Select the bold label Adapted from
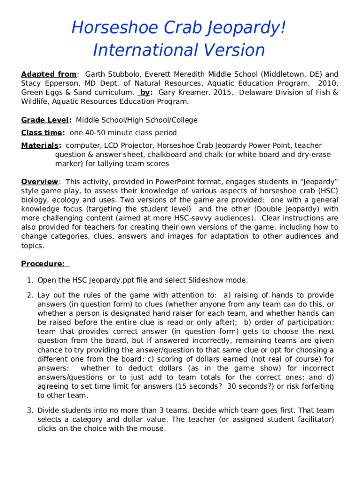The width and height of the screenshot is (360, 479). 49,74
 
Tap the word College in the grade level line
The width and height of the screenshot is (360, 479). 183,120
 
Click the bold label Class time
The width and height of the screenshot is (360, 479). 42,133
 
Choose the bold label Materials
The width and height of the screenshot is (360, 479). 40,145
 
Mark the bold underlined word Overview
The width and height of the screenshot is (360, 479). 40,181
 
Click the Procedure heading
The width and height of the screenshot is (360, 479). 43,264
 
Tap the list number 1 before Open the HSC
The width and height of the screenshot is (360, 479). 29,280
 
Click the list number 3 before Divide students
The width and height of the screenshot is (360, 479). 29,410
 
